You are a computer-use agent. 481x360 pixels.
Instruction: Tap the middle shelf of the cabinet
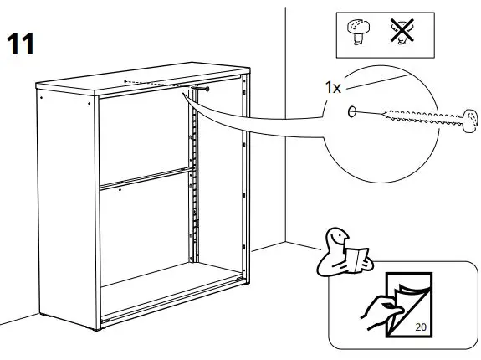[x=142, y=178]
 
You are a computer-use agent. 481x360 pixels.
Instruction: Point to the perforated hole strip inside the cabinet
[x=193, y=184]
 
